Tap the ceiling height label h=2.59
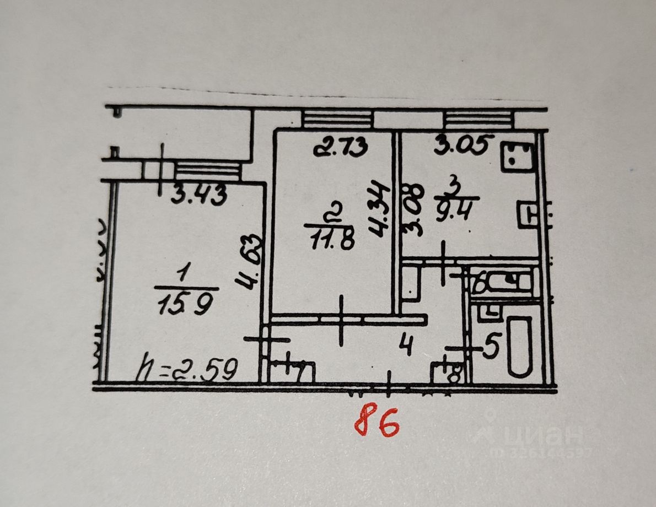[187, 370]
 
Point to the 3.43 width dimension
[197, 196]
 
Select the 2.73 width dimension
[340, 147]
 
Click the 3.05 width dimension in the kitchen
[461, 145]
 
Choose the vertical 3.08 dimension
[414, 212]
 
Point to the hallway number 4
[407, 347]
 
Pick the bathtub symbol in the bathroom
[519, 346]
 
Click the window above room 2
[338, 119]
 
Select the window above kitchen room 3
[478, 119]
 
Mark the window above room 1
[207, 170]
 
